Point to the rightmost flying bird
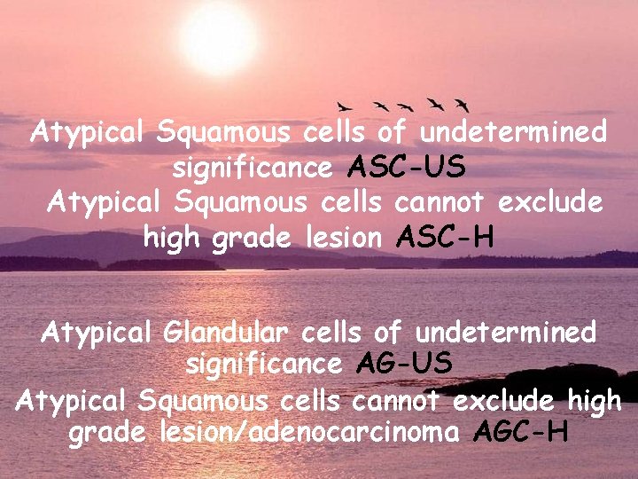click(x=461, y=104)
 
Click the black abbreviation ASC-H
click(x=446, y=238)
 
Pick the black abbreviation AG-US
click(x=405, y=363)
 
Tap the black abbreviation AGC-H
click(x=521, y=434)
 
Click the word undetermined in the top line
click(x=513, y=133)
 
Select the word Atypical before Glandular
click(x=98, y=334)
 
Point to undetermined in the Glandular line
click(x=505, y=333)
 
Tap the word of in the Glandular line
click(x=387, y=333)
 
